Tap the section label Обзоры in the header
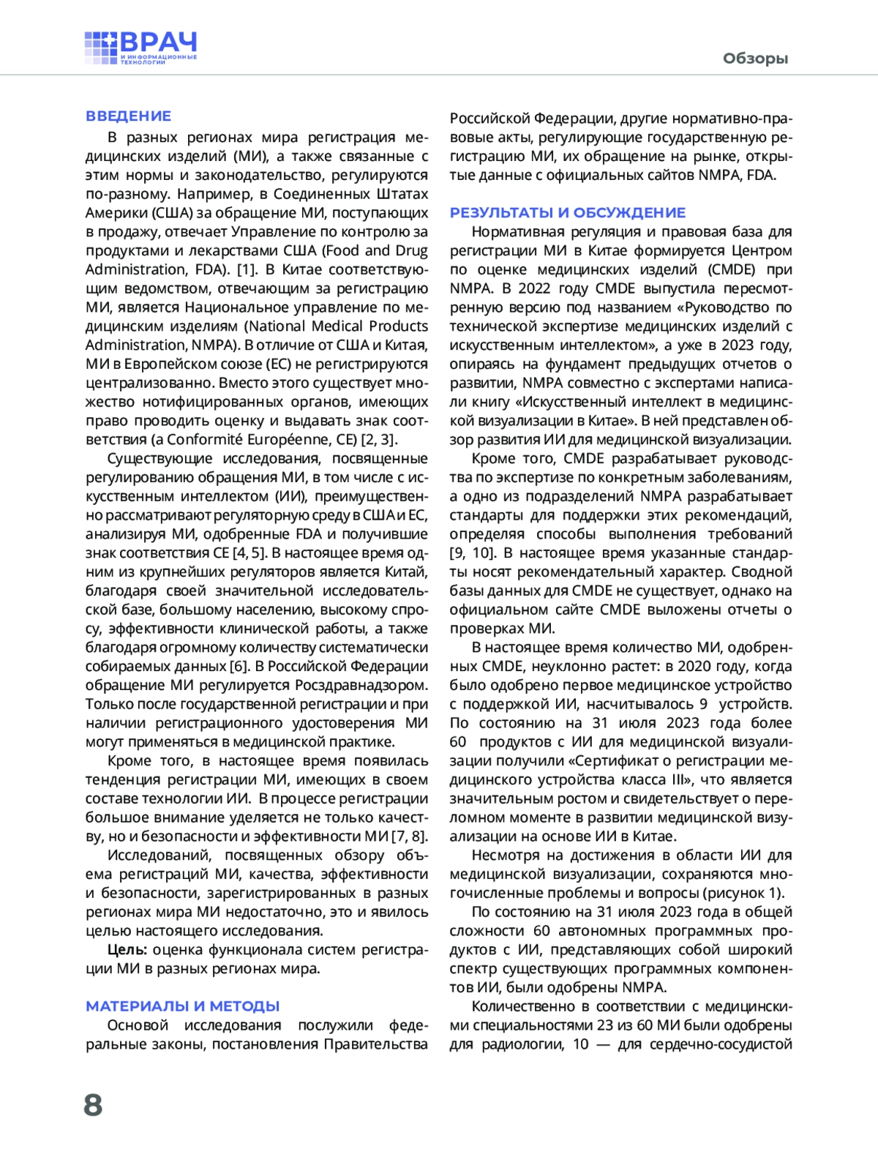pos(755,59)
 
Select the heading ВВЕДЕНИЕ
pos(128,116)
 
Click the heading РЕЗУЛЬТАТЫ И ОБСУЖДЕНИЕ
pos(568,213)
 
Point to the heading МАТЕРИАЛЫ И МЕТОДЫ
pos(183,1006)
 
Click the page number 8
pos(93,1104)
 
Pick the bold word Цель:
pos(127,950)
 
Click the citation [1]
pos(247,269)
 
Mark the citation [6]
pos(239,667)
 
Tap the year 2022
pos(535,288)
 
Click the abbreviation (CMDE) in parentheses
pos(731,269)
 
